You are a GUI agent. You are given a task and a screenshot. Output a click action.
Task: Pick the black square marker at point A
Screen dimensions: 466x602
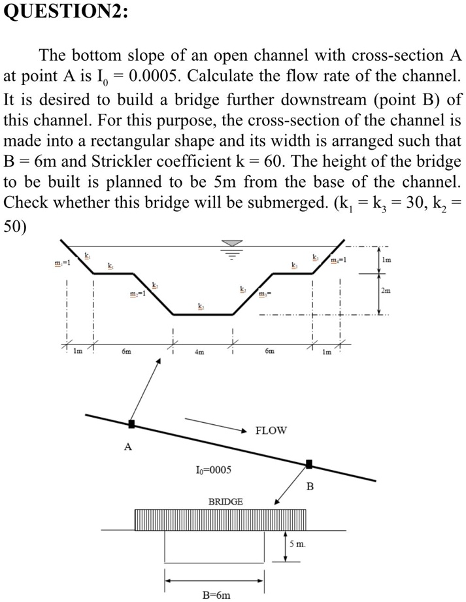131,424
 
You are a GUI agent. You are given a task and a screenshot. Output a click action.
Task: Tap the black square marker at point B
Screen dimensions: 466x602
309,464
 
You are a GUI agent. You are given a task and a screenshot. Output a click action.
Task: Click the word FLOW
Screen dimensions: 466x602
271,431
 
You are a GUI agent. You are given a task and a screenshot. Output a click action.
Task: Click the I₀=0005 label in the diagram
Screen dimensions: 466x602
213,470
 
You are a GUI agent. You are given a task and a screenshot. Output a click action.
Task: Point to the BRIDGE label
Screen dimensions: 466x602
225,501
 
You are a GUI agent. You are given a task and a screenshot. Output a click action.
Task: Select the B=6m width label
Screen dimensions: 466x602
216,595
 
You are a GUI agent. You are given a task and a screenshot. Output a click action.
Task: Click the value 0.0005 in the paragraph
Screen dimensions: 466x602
158,78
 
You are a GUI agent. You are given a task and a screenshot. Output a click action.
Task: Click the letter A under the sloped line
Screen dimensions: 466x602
127,448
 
